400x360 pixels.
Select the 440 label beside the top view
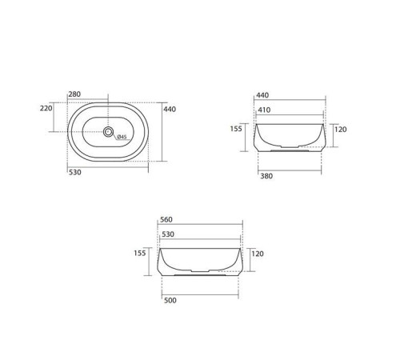click(x=170, y=110)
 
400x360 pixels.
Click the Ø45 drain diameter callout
click(x=121, y=137)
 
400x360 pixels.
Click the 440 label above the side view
click(x=262, y=95)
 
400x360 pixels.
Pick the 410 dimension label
click(x=262, y=110)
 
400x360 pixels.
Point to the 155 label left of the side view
click(x=236, y=128)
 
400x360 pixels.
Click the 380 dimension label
click(x=267, y=177)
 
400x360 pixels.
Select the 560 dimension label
click(x=166, y=220)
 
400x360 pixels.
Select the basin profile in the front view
click(x=200, y=262)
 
